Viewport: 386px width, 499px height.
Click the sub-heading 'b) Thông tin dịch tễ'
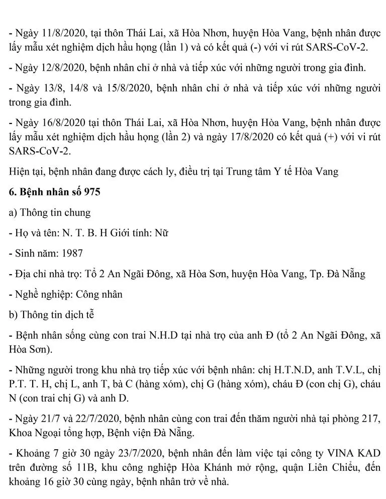pyautogui.click(x=51, y=315)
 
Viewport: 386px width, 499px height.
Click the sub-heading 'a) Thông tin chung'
pyautogui.click(x=50, y=213)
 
